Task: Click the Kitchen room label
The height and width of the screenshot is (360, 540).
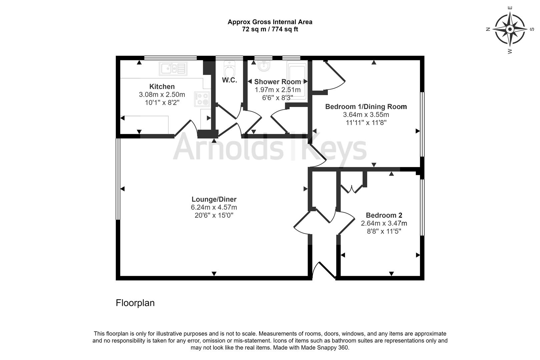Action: (162, 86)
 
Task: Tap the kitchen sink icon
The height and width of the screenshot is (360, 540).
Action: (173, 69)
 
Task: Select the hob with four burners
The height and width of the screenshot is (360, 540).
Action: (202, 99)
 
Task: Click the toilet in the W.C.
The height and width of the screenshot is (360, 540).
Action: (229, 69)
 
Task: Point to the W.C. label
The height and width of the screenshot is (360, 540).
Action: (229, 80)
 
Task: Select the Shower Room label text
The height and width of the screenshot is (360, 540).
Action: (278, 82)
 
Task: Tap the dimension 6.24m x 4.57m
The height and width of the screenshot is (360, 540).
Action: (214, 207)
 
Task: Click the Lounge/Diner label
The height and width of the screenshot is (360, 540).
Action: (214, 199)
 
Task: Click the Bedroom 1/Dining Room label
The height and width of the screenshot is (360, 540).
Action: (366, 107)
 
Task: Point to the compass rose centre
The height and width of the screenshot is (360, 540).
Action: (510, 29)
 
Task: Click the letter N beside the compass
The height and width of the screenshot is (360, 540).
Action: (488, 29)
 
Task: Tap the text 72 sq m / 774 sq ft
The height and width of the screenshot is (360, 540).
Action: (270, 29)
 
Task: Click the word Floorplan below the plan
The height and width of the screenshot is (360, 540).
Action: (135, 303)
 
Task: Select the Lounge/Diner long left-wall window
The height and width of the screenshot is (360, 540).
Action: (118, 179)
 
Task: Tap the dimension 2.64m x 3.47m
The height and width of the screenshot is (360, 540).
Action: (384, 223)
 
